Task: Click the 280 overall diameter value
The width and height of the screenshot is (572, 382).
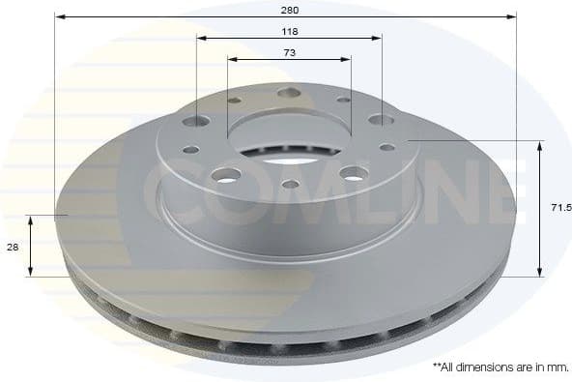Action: (x=289, y=10)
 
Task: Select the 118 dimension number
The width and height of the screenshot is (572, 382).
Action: (x=289, y=32)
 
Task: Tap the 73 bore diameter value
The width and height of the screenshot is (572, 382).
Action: (x=289, y=52)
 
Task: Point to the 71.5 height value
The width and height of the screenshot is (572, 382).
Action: (x=558, y=207)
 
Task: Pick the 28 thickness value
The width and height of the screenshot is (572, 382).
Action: (x=13, y=247)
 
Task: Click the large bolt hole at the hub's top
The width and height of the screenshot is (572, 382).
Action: (x=289, y=93)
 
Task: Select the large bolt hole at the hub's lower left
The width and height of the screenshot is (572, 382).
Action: (x=226, y=175)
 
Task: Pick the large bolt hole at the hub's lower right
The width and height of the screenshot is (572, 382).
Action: (x=353, y=173)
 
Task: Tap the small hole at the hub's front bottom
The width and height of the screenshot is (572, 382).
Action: (x=290, y=184)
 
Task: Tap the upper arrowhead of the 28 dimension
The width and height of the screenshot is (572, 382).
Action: (x=31, y=220)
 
